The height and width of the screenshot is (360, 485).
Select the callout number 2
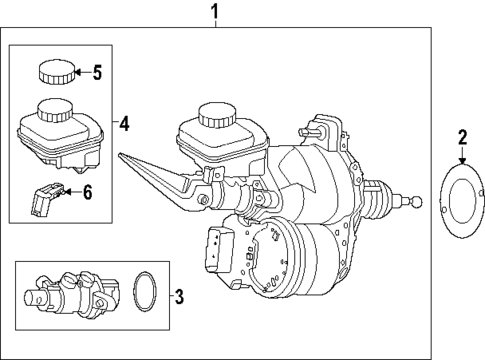coord(462,136)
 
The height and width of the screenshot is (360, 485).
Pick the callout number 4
coord(123,124)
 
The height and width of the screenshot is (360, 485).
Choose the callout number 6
coord(87,191)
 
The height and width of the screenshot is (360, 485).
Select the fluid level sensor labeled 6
coord(40,199)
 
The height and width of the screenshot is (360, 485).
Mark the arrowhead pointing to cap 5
coord(87,72)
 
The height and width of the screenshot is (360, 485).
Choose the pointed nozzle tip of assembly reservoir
coord(120,155)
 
